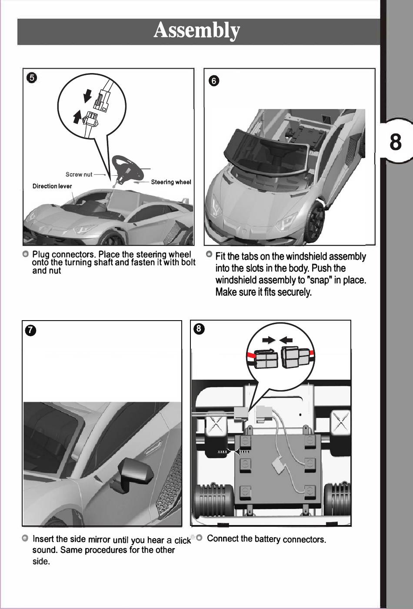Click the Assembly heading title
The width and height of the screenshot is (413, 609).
click(197, 31)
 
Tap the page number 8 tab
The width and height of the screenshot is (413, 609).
click(395, 142)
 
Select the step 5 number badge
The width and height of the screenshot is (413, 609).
click(32, 78)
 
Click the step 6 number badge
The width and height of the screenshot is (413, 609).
click(213, 81)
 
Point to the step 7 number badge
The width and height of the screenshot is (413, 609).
click(30, 330)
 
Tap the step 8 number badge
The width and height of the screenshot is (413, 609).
click(198, 329)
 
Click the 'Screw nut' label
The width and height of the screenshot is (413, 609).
click(79, 174)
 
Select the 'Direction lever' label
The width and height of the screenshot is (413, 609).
click(52, 186)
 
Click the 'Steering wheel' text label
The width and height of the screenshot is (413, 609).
click(171, 182)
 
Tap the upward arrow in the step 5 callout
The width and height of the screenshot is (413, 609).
click(77, 116)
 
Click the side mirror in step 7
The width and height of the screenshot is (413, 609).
click(135, 472)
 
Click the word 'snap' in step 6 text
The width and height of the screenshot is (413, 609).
click(321, 280)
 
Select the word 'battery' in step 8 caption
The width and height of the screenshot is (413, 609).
click(267, 539)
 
